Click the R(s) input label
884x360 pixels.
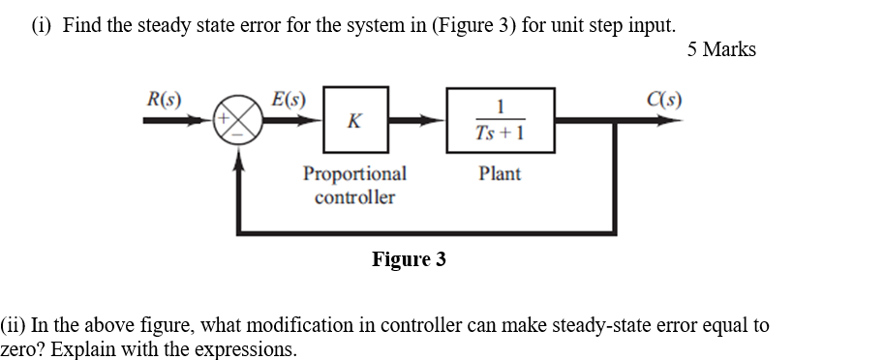coord(164,98)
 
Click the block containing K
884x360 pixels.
coord(354,121)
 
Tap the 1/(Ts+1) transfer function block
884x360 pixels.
coord(500,121)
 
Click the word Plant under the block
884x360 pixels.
coord(500,174)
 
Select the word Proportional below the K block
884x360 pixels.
coord(354,174)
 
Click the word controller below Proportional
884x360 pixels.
coord(354,197)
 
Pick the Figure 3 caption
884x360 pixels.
coord(409,259)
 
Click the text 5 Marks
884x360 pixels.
coord(721,49)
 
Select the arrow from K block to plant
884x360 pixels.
coord(417,121)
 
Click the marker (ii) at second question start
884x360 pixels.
coord(16,325)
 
